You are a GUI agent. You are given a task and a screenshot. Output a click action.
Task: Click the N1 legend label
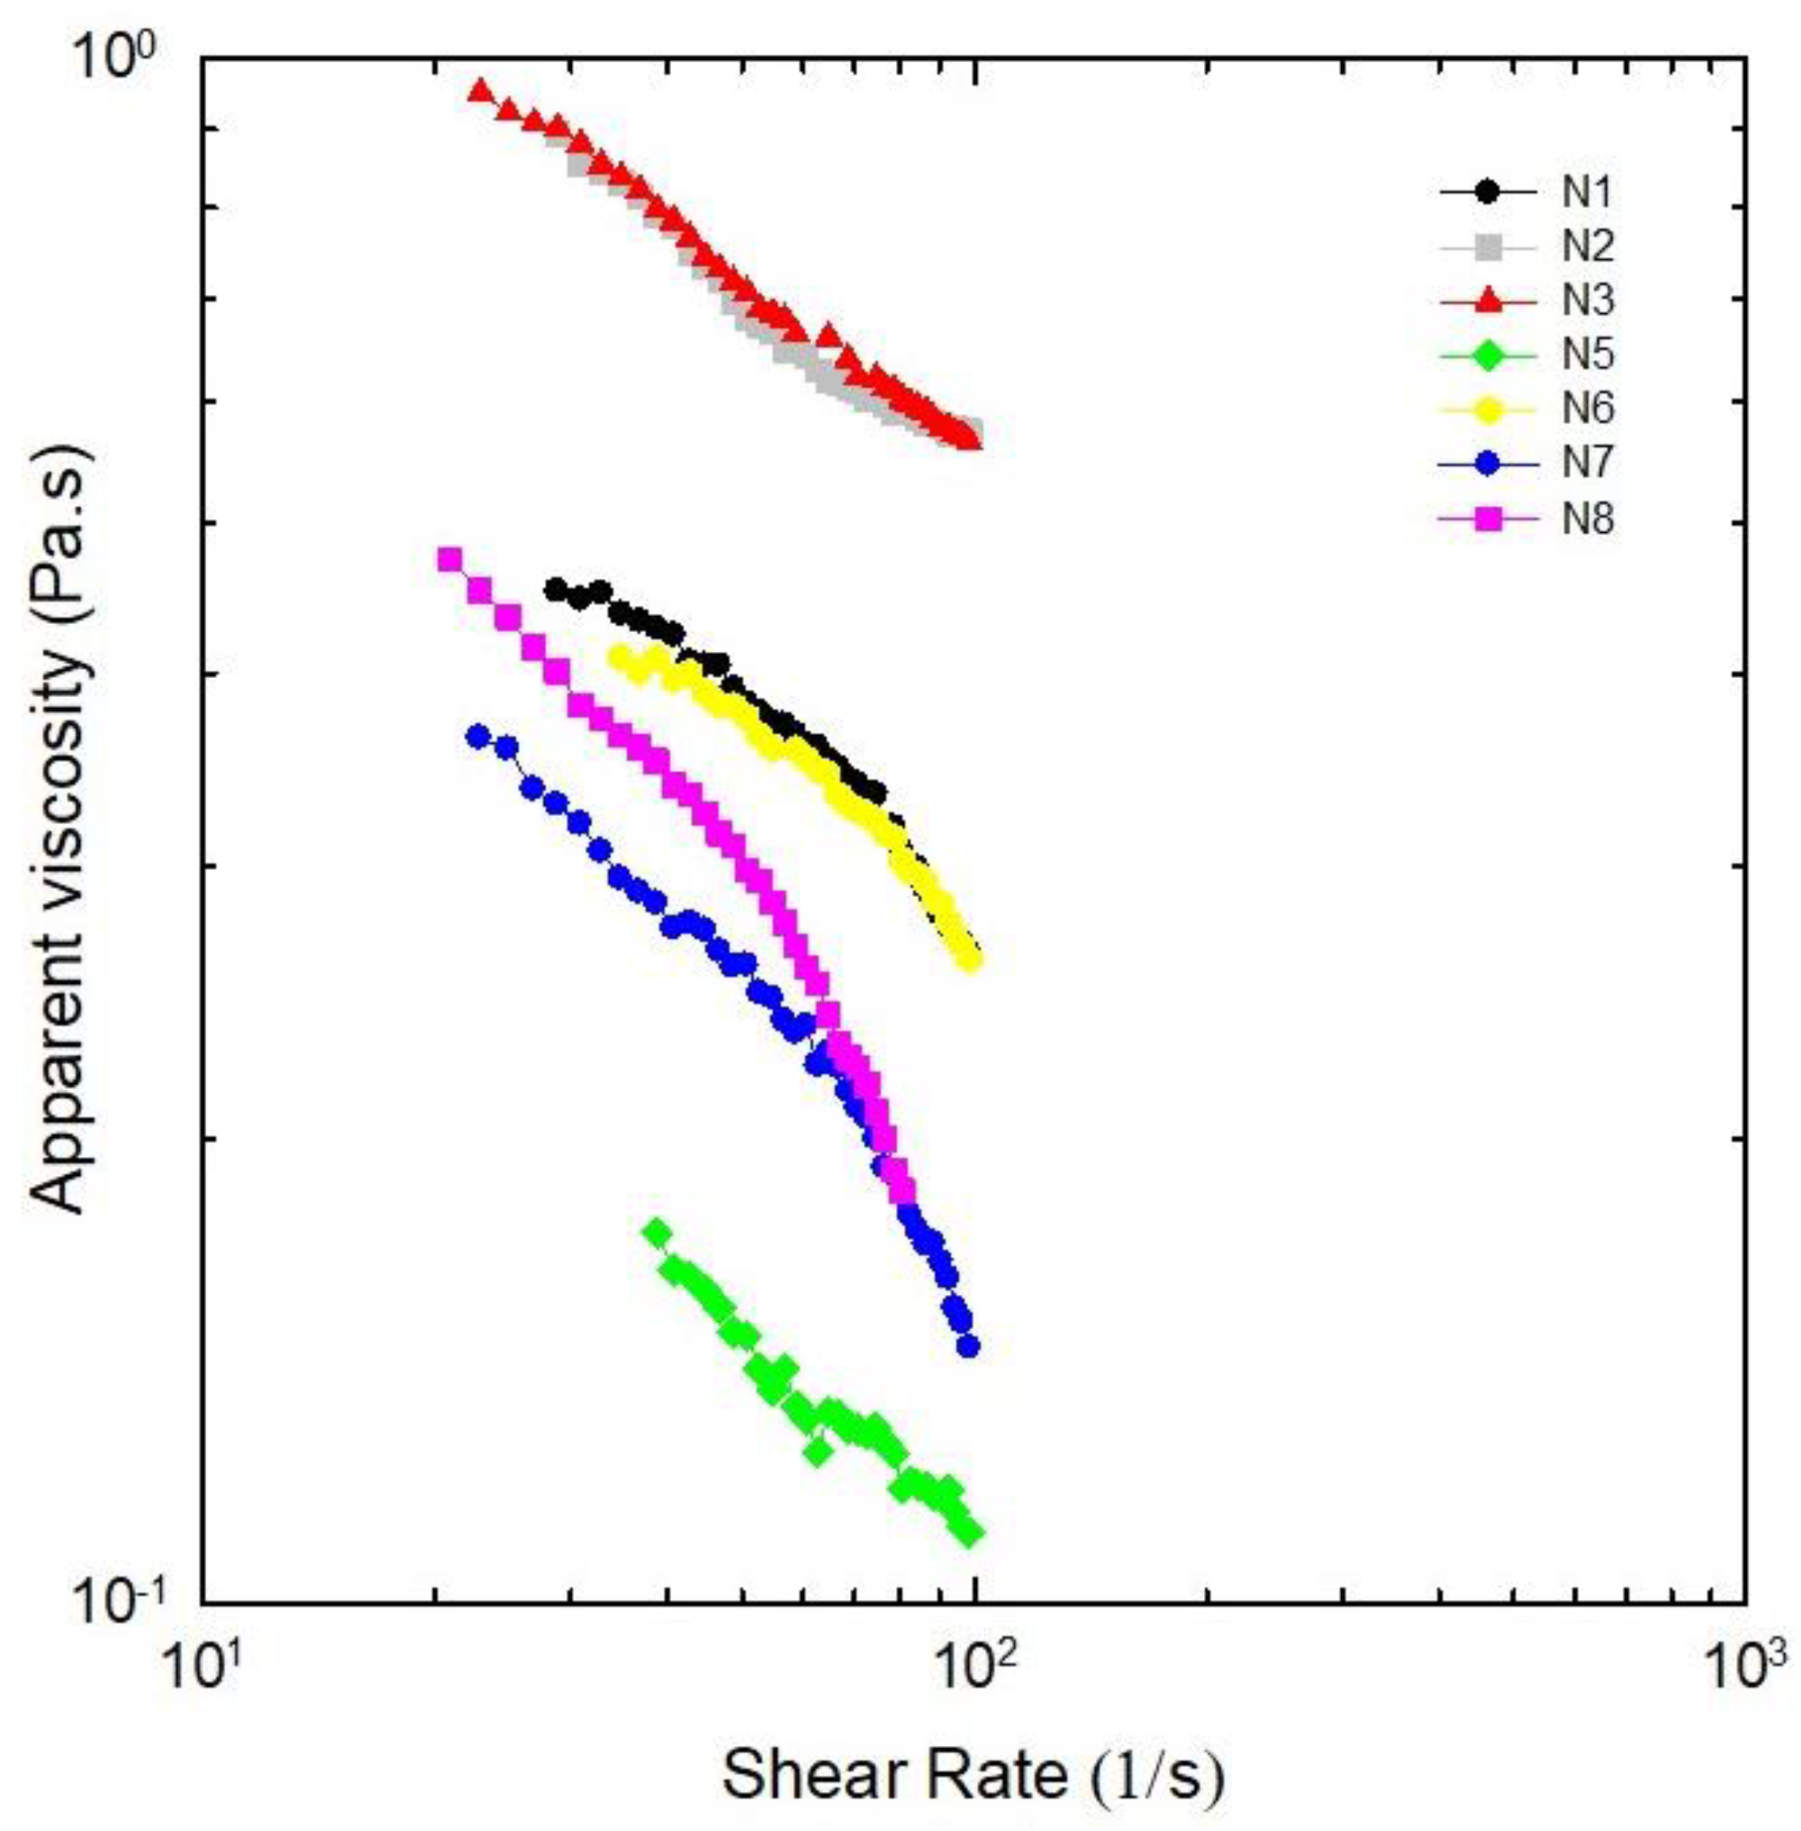1587,192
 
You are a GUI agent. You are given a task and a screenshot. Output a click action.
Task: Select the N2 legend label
1587,247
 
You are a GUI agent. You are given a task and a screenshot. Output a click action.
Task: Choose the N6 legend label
1587,409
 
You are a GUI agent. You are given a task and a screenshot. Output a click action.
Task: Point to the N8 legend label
1587,519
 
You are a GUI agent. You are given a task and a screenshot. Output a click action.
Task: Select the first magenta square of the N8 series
448,558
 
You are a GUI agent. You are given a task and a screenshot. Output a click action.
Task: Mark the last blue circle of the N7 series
967,1346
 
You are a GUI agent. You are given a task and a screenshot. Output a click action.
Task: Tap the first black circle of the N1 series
556,589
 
